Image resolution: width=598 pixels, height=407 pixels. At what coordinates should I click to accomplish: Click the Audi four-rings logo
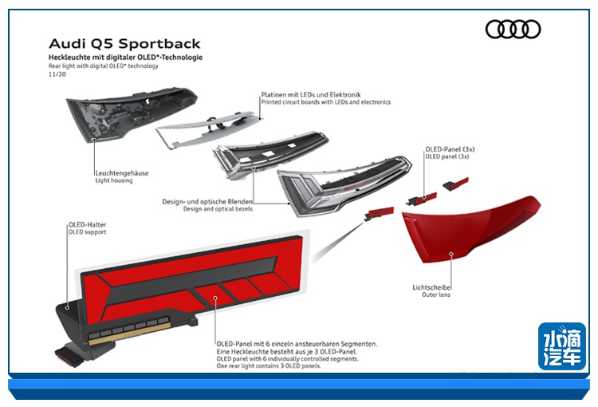[x=513, y=30]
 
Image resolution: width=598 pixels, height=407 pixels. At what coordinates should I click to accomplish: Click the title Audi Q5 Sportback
[x=124, y=43]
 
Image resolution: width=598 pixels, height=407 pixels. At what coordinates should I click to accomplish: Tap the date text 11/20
[x=56, y=74]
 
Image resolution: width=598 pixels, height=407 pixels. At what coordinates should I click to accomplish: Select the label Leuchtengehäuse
[x=122, y=173]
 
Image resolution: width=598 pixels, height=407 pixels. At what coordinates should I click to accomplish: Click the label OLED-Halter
[x=87, y=226]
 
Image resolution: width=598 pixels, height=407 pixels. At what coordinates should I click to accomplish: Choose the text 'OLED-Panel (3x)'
[x=450, y=148]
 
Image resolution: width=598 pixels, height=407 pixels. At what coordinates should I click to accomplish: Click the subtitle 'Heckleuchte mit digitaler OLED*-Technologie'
[x=125, y=57]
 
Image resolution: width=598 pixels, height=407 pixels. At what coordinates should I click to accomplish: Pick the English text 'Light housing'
[x=113, y=181]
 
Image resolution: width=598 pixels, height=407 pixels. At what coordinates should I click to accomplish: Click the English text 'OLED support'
[x=88, y=234]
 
